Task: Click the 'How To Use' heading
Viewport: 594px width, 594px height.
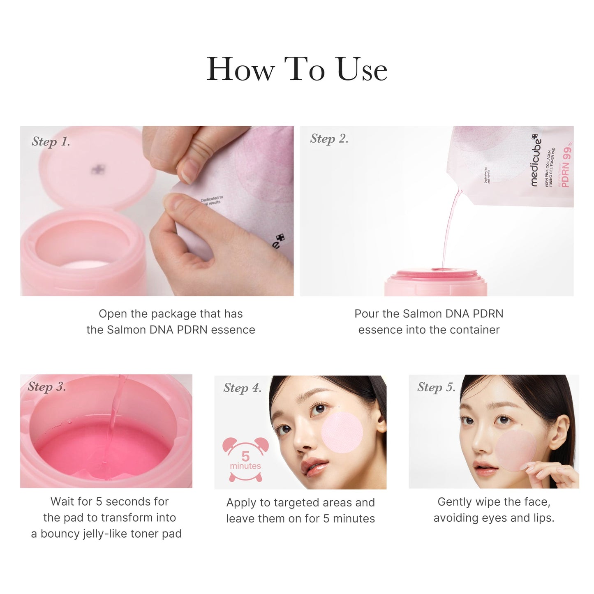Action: point(297,69)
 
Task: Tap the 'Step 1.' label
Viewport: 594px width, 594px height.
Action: point(51,142)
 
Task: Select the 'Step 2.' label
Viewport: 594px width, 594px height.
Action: point(329,139)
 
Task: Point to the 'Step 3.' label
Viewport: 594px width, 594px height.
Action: point(47,387)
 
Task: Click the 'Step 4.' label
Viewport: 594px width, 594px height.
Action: point(243,388)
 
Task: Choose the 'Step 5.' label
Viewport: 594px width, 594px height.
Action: point(436,387)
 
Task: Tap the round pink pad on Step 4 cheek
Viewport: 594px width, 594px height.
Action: point(342,433)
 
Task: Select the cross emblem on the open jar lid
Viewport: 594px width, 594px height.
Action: point(98,169)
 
